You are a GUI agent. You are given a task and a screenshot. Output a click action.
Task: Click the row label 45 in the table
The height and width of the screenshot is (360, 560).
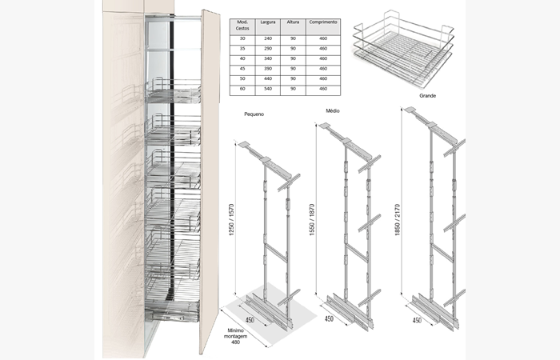click(x=242, y=69)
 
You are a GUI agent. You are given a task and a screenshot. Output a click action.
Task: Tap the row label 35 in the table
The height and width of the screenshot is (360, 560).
click(x=242, y=48)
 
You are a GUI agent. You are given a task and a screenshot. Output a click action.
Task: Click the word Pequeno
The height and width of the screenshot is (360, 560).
click(x=255, y=114)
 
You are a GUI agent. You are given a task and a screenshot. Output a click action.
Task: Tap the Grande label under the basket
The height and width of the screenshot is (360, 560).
click(x=427, y=94)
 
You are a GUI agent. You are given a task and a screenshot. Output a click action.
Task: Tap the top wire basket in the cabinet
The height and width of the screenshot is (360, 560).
click(x=174, y=92)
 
